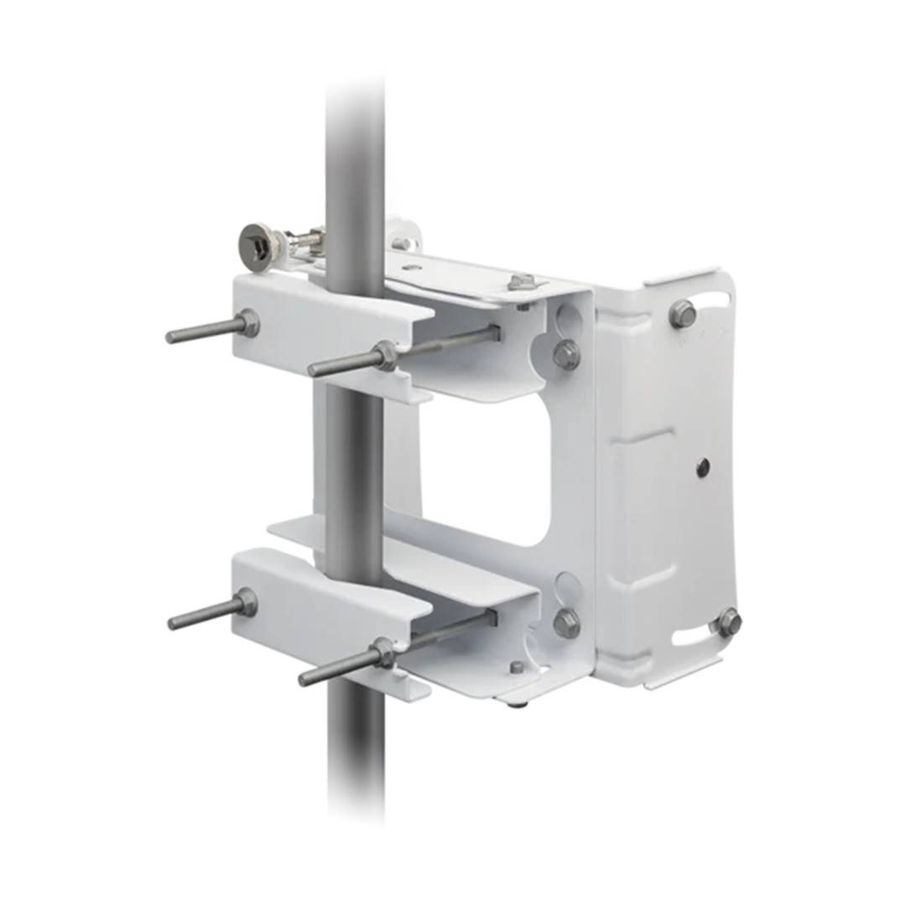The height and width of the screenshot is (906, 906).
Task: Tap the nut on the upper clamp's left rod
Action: pos(247,323)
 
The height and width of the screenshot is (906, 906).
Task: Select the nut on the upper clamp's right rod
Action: pos(385,356)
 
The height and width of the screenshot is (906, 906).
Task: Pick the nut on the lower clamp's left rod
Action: pos(245,603)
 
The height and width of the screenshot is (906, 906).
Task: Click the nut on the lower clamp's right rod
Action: pos(383,653)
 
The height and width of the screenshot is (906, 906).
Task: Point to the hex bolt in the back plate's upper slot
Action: pos(683,314)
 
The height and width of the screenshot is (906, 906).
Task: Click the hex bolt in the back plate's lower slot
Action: pos(727,622)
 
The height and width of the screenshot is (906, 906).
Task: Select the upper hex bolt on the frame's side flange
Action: pos(566,355)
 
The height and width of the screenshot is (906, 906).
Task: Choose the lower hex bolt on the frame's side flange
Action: pos(566,622)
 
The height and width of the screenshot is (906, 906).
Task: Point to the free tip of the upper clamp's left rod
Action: pos(170,338)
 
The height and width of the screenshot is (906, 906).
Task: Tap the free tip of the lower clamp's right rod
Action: pos(305,679)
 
